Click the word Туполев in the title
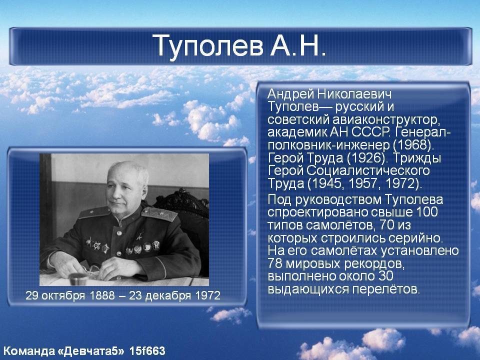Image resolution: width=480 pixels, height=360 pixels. (207, 46)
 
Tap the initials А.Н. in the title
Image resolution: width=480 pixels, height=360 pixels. (298, 46)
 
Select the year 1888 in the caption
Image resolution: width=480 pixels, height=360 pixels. (102, 295)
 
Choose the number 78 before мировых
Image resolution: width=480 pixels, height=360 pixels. (274, 263)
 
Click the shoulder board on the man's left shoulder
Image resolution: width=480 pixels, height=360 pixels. (159, 214)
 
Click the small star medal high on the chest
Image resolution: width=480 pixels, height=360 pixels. (139, 235)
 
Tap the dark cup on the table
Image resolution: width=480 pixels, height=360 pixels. (76, 278)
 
